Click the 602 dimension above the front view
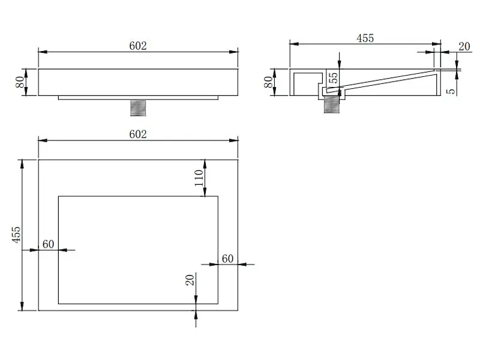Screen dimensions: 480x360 coord(138,46)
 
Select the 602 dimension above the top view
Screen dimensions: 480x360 coord(138,134)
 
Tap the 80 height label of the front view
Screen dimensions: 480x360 coord(20,82)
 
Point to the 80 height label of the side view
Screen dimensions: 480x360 coord(268,82)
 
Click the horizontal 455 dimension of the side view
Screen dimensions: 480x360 coord(365,38)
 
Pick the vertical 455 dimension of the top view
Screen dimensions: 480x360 coord(17,235)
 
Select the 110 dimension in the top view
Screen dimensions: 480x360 coord(199,178)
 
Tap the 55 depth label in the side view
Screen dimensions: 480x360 coord(334,77)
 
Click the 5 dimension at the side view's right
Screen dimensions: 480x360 coord(451,92)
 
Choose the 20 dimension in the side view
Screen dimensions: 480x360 coord(464,47)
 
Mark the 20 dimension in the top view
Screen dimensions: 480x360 coord(190,280)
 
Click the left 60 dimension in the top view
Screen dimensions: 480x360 coord(49,244)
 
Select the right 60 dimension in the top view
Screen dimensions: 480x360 coord(228,259)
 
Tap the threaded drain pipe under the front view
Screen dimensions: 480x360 coord(138,108)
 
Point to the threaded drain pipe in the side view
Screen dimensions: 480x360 coord(332,104)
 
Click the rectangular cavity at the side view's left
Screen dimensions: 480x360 coord(308,84)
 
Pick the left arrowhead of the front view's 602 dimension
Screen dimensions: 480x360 coord(43,52)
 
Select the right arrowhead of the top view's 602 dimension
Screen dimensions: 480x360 coord(233,140)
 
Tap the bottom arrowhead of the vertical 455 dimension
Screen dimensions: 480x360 coord(22,306)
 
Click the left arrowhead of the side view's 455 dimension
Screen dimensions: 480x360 coord(294,44)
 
